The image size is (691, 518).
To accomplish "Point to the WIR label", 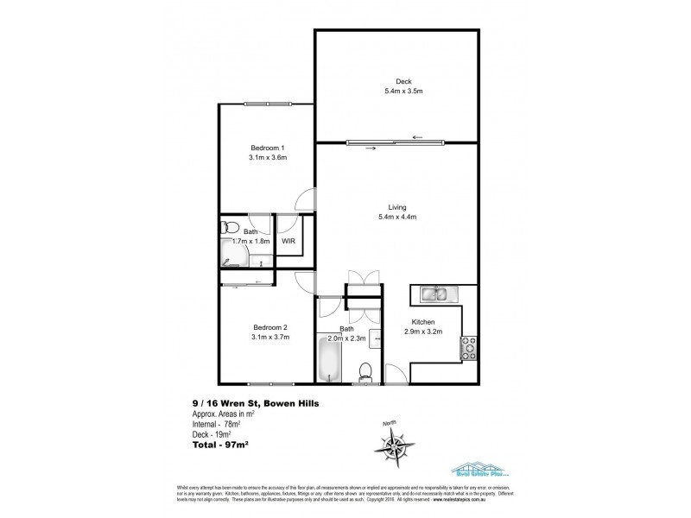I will coord(288,241).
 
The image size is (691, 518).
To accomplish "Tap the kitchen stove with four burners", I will coord(470,347).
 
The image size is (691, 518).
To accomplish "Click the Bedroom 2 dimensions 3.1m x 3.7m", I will coord(269,337).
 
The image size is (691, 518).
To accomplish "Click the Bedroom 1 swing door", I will coord(304,199).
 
